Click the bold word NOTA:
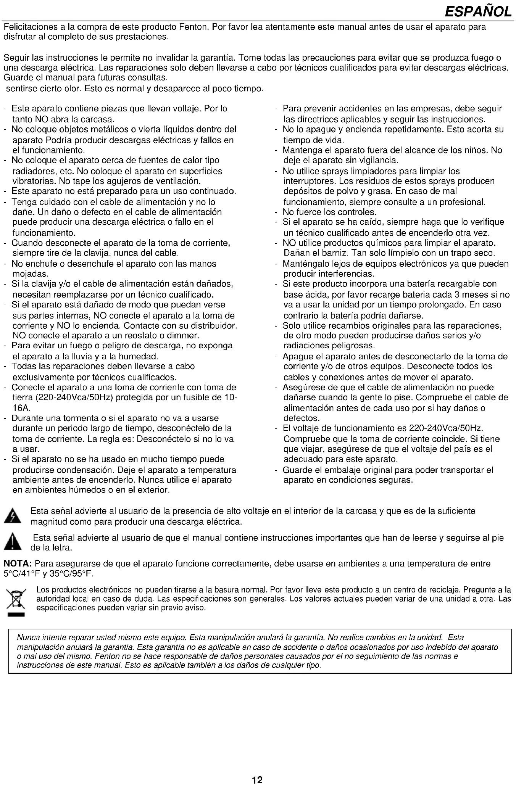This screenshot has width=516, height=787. click(18, 564)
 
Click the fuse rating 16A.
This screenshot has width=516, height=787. click(21, 408)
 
